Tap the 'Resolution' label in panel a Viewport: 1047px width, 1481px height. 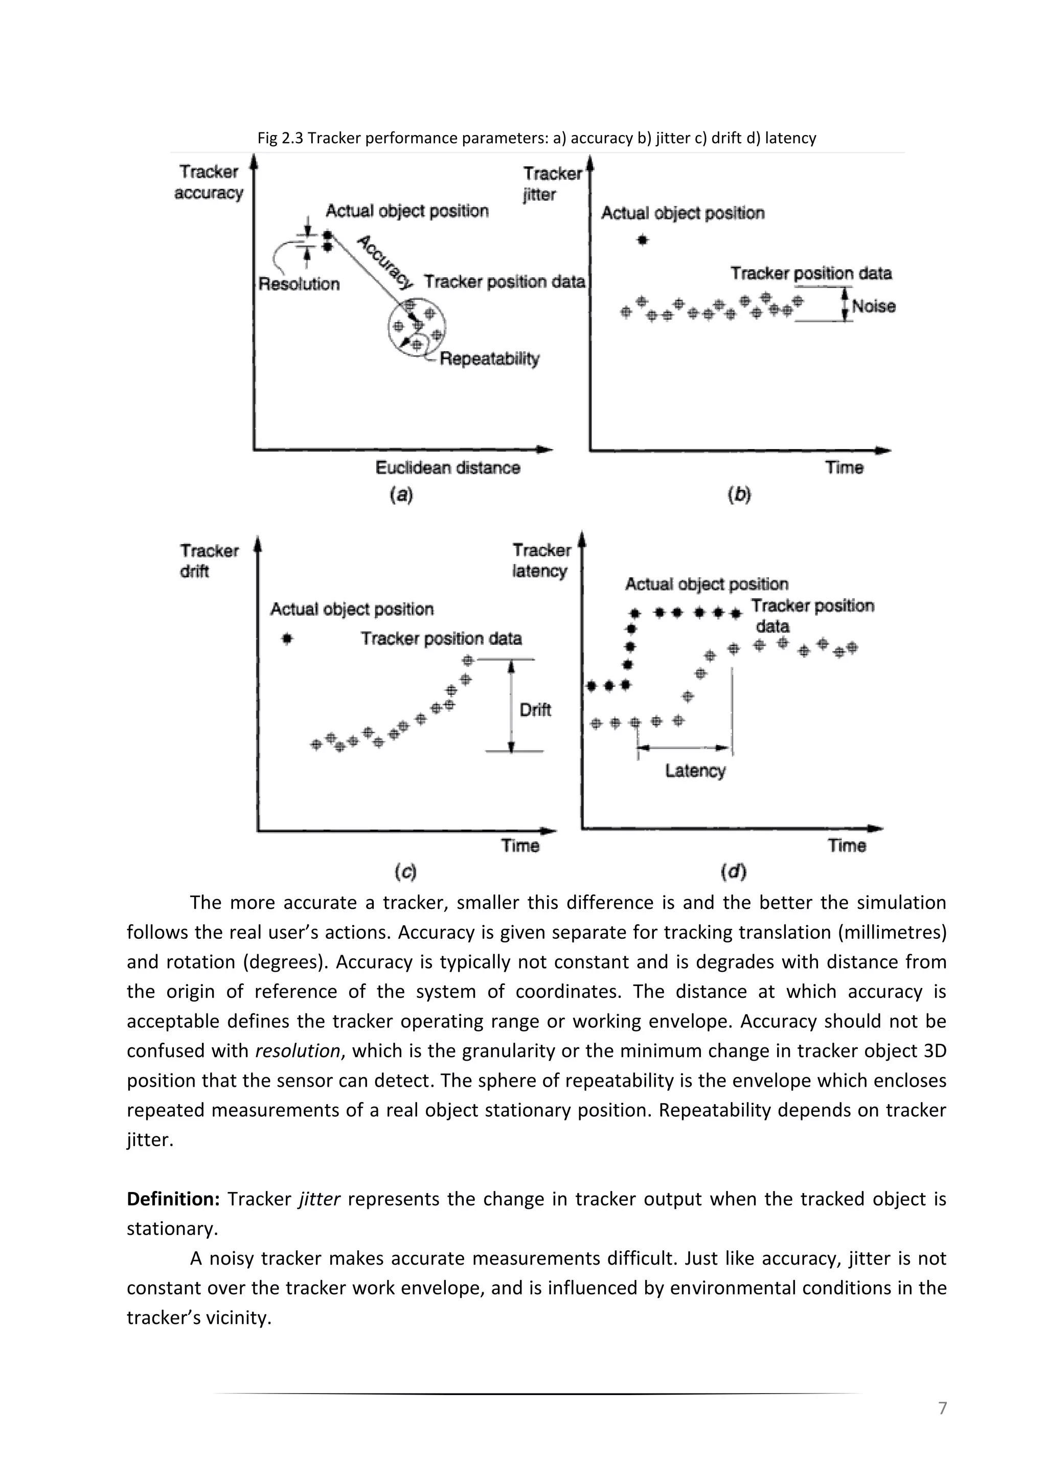pyautogui.click(x=299, y=284)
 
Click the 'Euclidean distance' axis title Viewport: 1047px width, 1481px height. pyautogui.click(x=447, y=467)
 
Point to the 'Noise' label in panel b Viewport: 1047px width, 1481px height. pyautogui.click(x=874, y=306)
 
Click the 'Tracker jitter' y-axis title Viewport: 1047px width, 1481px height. pyautogui.click(x=552, y=184)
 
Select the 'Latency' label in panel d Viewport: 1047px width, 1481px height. pyautogui.click(x=695, y=771)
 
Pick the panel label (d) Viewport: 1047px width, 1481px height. pyautogui.click(x=733, y=872)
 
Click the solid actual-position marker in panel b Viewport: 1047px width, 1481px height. pyautogui.click(x=642, y=240)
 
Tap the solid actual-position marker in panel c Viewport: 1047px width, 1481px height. pyautogui.click(x=287, y=639)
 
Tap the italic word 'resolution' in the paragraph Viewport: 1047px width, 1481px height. pyautogui.click(x=297, y=1051)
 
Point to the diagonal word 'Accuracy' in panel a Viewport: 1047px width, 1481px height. pyautogui.click(x=385, y=261)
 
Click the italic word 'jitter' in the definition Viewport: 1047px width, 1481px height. pyautogui.click(x=319, y=1199)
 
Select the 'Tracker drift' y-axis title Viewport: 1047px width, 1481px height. pyautogui.click(x=209, y=560)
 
